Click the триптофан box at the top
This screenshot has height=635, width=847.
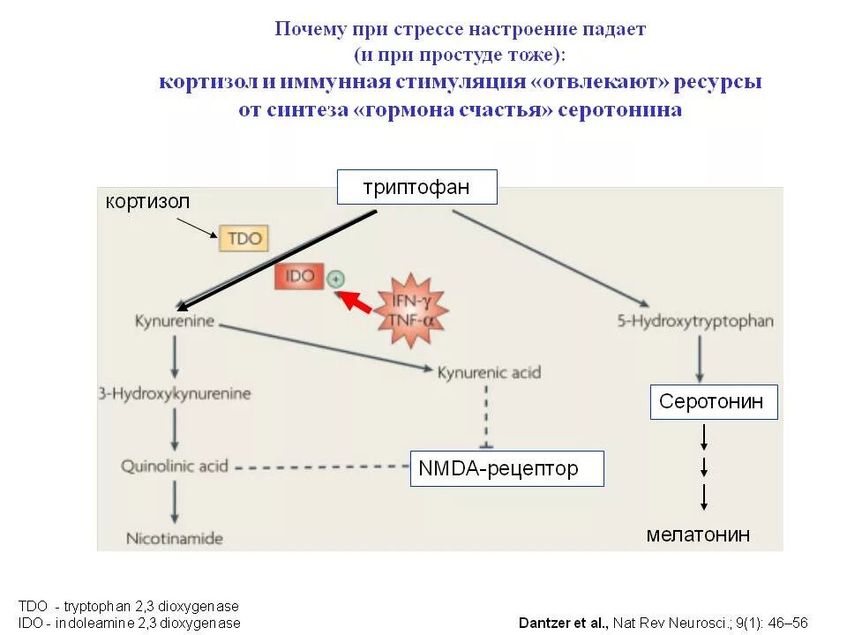coord(416,187)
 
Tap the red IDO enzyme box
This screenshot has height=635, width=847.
coord(300,276)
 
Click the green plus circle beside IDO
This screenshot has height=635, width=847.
coord(335,279)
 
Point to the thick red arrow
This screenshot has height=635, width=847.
coord(356,301)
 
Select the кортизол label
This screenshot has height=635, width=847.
coord(147,202)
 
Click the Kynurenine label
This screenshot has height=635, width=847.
coord(175,321)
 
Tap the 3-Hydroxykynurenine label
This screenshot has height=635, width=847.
coord(175,393)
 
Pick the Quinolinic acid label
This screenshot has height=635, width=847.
coord(175,465)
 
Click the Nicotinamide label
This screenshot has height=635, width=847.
coord(175,537)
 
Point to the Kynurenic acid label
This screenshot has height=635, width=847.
coord(489,372)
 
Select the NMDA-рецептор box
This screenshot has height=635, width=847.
coord(506,468)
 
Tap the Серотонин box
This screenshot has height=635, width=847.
coord(714,403)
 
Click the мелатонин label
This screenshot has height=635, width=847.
coord(698,534)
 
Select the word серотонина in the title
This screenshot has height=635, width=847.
coord(619,110)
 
